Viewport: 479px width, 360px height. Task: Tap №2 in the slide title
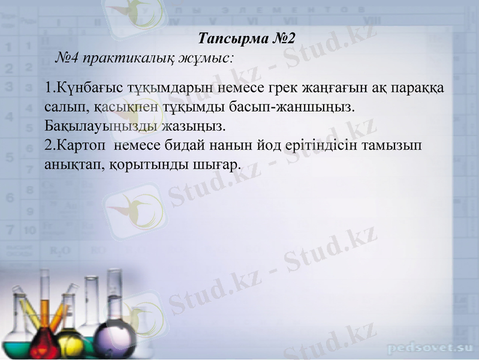(x=284, y=40)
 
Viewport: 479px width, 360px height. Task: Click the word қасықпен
(x=124, y=109)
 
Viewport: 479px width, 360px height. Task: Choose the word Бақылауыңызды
(x=101, y=127)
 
